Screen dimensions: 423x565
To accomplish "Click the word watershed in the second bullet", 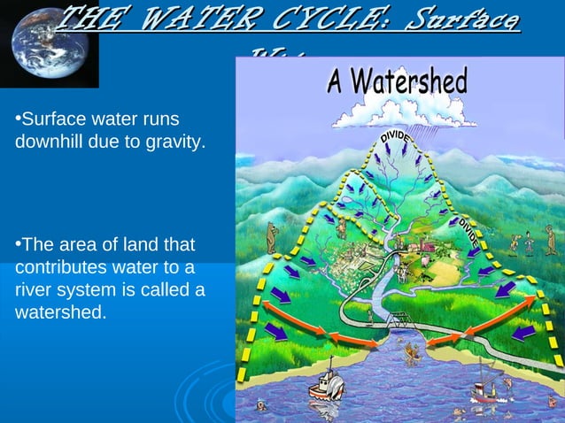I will click(58, 312).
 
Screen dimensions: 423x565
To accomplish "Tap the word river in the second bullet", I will click(33, 290).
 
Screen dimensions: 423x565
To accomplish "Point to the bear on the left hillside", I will click(273, 237).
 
